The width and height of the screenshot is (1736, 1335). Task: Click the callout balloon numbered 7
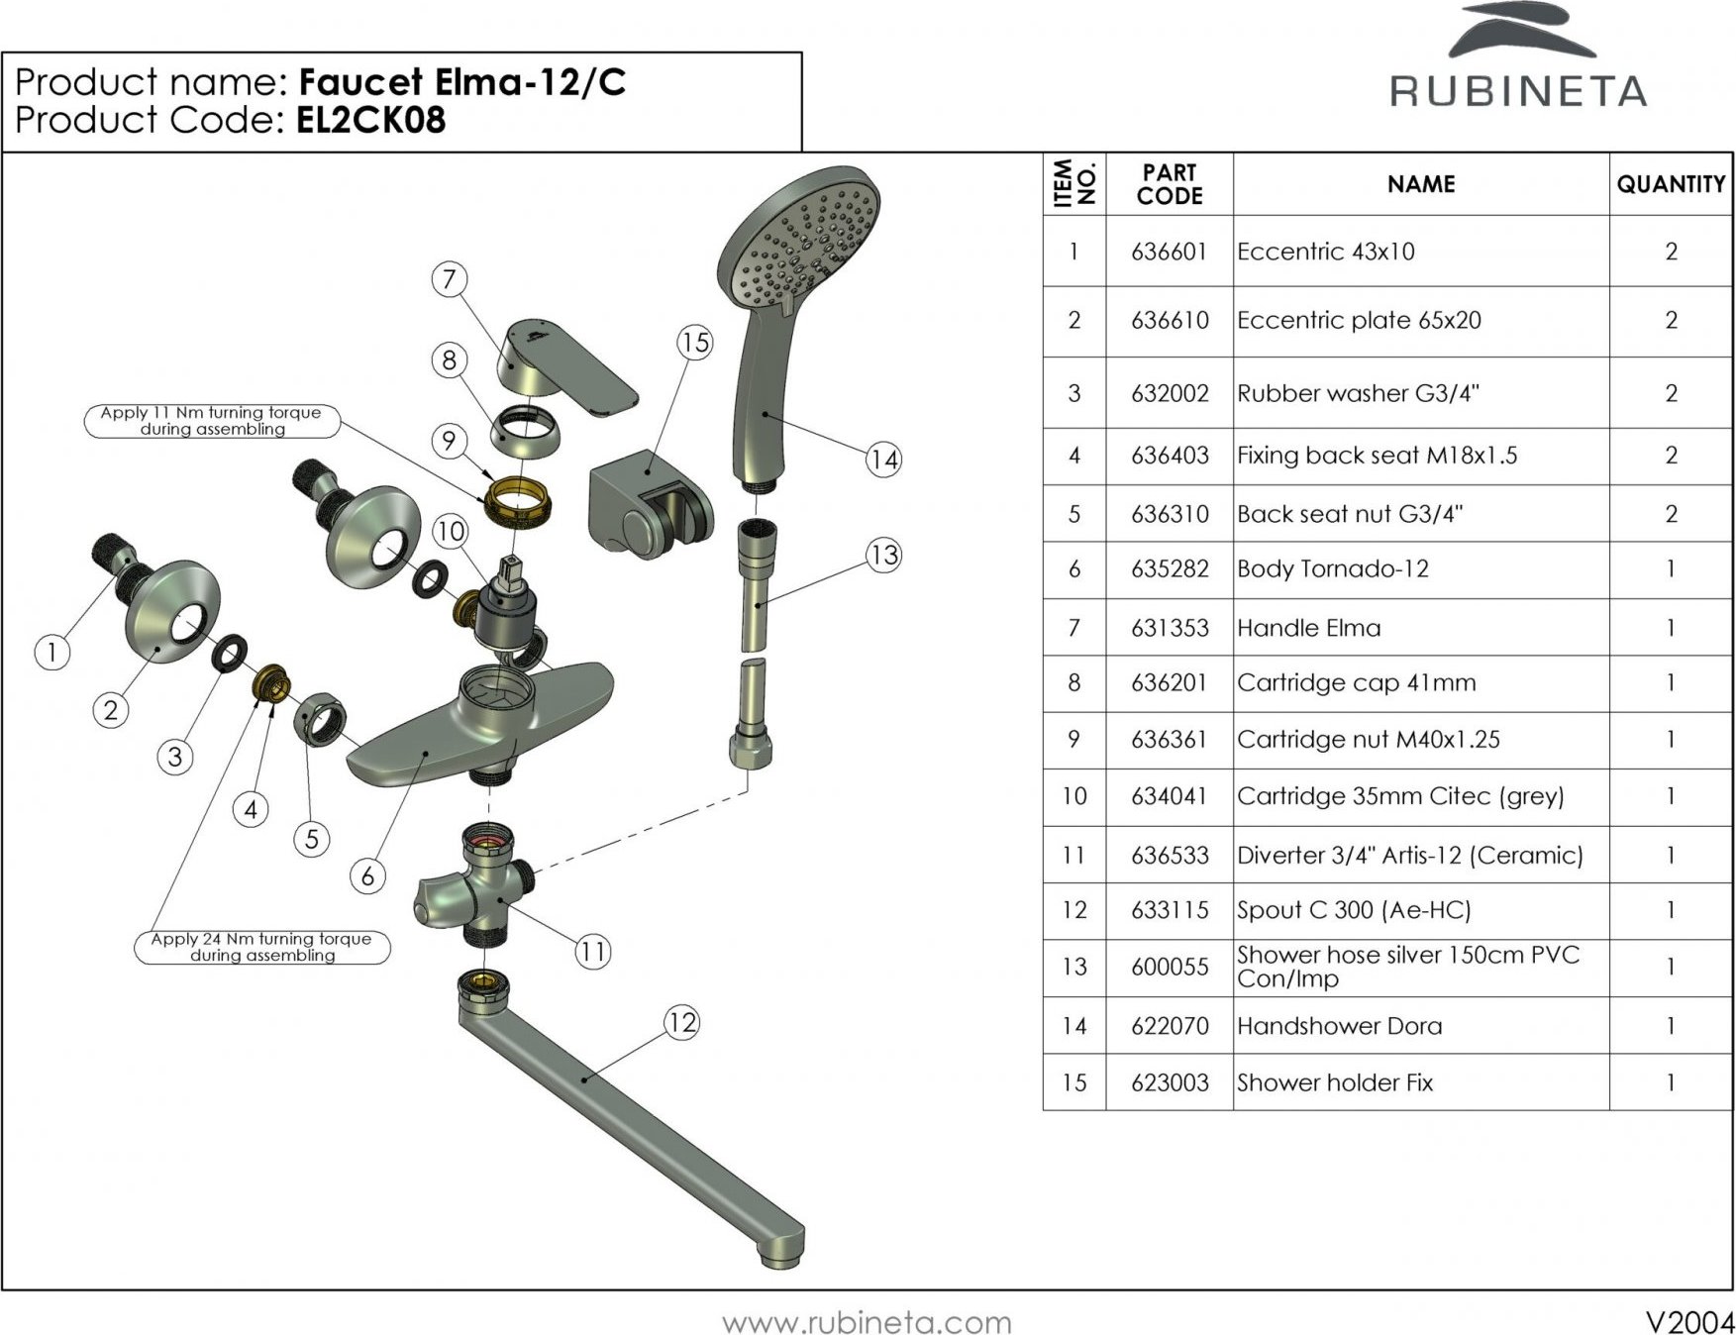450,279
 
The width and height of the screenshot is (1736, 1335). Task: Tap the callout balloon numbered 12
681,1022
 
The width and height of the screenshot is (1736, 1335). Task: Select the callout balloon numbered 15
695,343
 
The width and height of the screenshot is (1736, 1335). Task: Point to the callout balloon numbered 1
51,652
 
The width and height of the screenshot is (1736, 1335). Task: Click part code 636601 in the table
1170,252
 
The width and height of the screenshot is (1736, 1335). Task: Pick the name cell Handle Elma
1308,628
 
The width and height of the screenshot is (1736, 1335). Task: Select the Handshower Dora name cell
1339,1026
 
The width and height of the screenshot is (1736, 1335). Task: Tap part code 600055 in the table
1170,967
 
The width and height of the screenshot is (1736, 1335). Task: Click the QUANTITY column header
1671,184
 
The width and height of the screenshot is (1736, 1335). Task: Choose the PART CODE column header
1170,184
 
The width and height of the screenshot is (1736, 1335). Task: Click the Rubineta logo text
1518,91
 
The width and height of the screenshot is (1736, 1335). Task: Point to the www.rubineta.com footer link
867,1322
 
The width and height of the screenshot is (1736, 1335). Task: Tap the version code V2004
1689,1322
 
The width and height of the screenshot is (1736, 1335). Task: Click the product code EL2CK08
371,120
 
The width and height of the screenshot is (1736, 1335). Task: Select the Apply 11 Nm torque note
211,421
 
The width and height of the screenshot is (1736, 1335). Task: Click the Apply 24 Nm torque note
261,947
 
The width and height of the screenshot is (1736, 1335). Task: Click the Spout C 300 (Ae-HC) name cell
1354,910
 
